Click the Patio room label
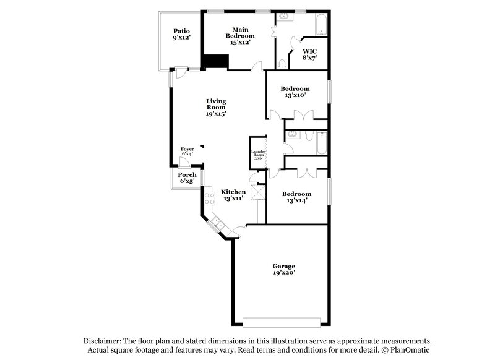tap(181, 35)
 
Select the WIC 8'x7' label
tap(309, 54)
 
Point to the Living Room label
tap(216, 107)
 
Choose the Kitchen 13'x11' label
tap(234, 195)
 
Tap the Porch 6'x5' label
tap(187, 178)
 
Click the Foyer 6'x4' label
tap(187, 151)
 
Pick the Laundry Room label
tap(258, 155)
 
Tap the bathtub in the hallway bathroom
tap(320, 144)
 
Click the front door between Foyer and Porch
tap(184, 162)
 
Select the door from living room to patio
tap(179, 73)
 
